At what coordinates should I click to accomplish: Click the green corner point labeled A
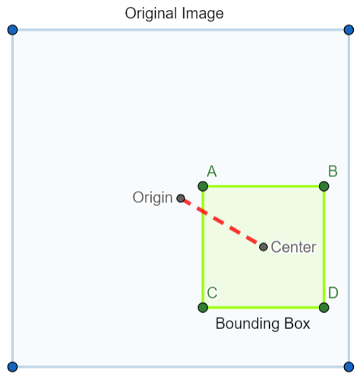click(x=203, y=186)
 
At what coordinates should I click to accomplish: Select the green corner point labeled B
click(x=324, y=186)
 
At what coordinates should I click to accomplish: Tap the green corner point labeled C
click(x=203, y=308)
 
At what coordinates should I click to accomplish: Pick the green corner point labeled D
click(x=324, y=308)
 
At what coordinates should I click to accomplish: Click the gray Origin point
click(x=181, y=199)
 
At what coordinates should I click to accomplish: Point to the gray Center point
click(x=263, y=247)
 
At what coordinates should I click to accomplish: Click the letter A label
click(x=212, y=171)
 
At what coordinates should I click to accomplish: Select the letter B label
click(x=333, y=171)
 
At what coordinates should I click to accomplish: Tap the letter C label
click(x=212, y=292)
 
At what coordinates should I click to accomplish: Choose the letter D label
click(x=333, y=292)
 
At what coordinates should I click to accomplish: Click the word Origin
click(x=153, y=198)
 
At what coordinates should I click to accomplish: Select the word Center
click(x=294, y=247)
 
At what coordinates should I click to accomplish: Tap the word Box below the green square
click(x=297, y=324)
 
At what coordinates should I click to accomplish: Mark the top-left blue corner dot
click(x=12, y=30)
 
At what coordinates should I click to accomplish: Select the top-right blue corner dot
click(x=349, y=30)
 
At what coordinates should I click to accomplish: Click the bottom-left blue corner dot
click(x=12, y=367)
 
